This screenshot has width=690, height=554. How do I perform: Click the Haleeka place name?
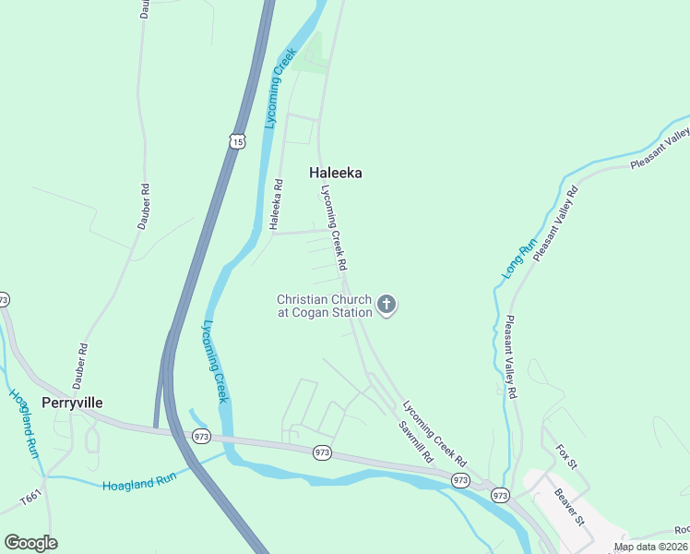pos(335,173)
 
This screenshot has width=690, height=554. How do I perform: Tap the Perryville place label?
pos(72,403)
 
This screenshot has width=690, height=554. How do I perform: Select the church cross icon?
pos(387,304)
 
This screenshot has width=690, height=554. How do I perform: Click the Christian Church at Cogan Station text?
pos(325,306)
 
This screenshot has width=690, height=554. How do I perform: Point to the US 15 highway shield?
pos(238,140)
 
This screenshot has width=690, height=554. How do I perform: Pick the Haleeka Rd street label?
pos(275,204)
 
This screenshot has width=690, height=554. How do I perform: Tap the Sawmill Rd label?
pos(416,441)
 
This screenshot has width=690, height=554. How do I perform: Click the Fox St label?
pos(565,455)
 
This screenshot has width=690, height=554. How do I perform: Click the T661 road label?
pos(30,499)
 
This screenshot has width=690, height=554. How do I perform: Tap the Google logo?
pos(30,543)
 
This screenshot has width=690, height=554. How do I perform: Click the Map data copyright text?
pos(651,547)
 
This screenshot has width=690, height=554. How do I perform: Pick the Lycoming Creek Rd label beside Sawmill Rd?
pos(434,434)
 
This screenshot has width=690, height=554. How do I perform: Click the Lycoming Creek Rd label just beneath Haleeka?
pos(333,227)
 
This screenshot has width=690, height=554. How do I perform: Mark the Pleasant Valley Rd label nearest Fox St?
pos(509,357)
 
